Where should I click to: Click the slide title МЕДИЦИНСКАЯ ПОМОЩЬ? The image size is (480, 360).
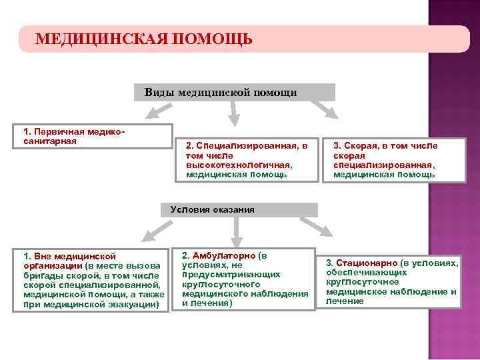pos(143,39)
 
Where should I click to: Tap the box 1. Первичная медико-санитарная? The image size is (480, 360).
pos(93,136)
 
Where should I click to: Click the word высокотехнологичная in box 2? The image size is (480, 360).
pos(237,165)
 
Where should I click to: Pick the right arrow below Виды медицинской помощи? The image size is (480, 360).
pos(323,109)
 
